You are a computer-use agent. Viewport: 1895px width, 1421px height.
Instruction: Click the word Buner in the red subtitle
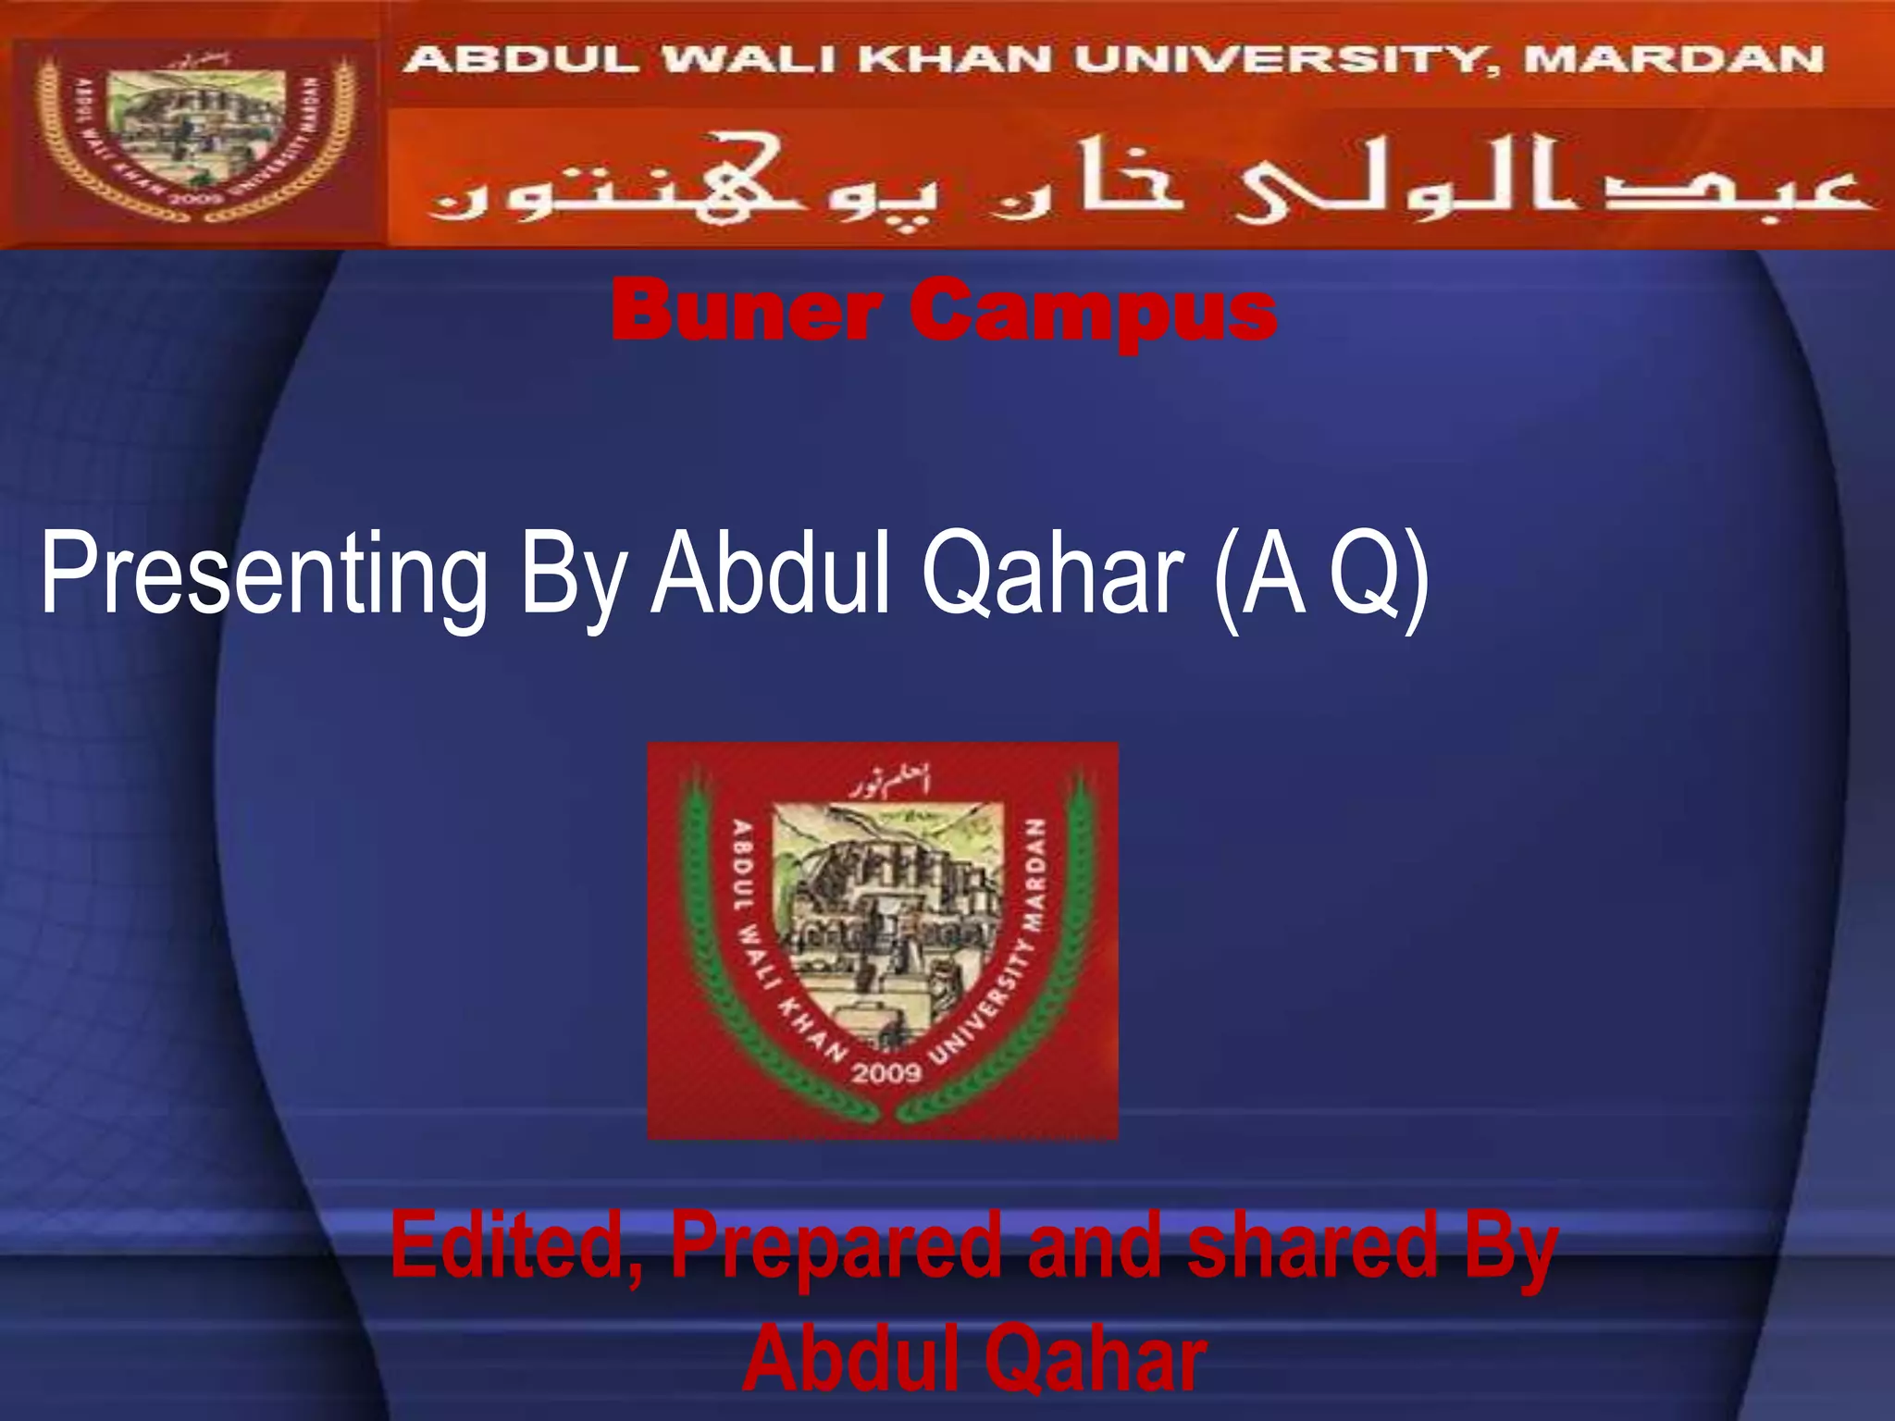point(746,311)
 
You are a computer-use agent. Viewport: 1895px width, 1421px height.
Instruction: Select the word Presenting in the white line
point(265,574)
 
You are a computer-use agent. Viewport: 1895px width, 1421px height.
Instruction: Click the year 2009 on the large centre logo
point(886,1073)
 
